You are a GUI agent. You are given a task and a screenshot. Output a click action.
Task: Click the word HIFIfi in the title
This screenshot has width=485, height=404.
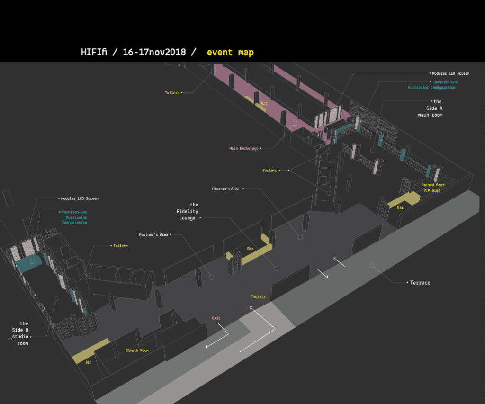point(94,52)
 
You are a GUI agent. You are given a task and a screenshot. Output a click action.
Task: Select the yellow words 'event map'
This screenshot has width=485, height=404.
point(230,52)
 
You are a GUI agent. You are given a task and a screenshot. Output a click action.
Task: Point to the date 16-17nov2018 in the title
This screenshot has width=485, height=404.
point(154,52)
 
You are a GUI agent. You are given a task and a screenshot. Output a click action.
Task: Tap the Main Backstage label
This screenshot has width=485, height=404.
point(244,149)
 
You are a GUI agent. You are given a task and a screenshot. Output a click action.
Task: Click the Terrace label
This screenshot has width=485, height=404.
point(420,283)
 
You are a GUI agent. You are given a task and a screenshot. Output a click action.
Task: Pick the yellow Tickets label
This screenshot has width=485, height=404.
point(258,296)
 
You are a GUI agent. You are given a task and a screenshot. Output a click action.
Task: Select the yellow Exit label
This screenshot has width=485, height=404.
point(216,318)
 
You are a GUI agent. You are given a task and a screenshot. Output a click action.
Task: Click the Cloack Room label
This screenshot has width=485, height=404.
point(137,350)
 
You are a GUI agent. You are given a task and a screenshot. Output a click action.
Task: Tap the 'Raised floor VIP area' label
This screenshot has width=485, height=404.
point(433,188)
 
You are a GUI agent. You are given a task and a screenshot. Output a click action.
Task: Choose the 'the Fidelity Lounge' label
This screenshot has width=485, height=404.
point(187,211)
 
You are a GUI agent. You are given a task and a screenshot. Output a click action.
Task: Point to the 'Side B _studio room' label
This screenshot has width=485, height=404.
point(20,333)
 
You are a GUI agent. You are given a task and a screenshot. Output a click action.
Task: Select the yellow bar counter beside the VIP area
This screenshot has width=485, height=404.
point(404,199)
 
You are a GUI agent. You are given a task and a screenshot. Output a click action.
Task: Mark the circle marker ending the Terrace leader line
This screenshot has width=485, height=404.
point(372,265)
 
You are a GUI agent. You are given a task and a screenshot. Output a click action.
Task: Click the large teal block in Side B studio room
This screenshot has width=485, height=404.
point(28,263)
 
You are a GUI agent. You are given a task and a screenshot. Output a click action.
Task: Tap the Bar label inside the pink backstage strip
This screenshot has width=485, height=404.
point(264,103)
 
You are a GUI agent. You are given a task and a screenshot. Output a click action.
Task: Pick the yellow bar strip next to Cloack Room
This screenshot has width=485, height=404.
point(90,351)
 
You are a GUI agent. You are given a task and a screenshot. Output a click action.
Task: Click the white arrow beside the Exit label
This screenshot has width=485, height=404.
point(217,336)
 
